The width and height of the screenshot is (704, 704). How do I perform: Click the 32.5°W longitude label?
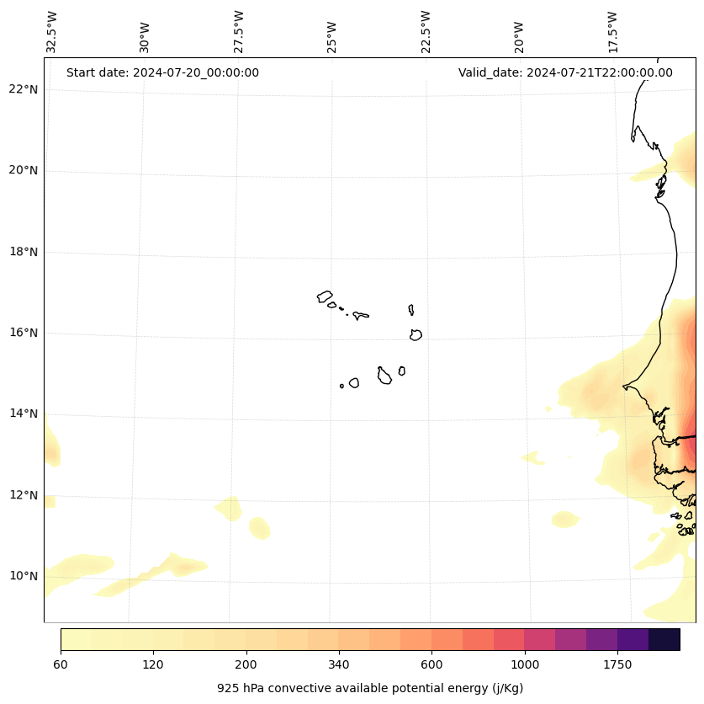52,32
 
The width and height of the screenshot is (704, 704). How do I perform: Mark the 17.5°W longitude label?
612,32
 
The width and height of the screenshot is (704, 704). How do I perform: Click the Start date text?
162,72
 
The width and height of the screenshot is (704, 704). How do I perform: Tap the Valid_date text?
565,72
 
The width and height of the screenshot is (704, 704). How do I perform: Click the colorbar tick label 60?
61,665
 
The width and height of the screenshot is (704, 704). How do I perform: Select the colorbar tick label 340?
339,665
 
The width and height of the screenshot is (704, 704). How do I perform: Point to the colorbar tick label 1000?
525,665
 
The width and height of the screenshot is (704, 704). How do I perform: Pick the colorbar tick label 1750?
617,665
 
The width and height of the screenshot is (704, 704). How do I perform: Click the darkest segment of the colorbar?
664,639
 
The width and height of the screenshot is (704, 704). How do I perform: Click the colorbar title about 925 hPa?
370,688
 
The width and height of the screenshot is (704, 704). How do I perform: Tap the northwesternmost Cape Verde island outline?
325,296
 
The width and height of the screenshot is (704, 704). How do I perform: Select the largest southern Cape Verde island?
384,376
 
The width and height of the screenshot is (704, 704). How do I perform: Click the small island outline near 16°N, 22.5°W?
416,334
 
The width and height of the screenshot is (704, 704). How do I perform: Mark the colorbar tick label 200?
246,665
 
